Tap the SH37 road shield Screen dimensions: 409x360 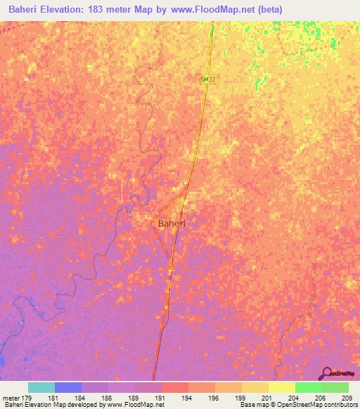[207, 81]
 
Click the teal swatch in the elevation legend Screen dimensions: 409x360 [41, 387]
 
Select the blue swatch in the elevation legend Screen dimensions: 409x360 [68, 387]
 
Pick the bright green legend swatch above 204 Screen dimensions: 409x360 [308, 387]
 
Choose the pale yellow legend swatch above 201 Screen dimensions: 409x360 [281, 387]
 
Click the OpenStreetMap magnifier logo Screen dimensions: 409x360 [326, 373]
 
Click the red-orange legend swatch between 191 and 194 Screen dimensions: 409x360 [174, 387]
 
